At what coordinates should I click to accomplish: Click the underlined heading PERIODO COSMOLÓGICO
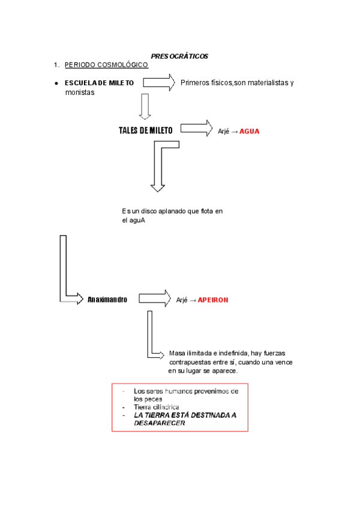point(106,65)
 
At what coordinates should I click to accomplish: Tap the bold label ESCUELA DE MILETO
point(99,82)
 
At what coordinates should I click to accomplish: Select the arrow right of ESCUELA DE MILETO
point(158,82)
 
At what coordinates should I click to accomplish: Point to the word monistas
point(80,92)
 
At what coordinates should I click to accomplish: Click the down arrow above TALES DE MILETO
point(144,107)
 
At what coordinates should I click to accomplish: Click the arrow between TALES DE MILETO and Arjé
point(196,128)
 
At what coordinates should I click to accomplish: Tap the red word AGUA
point(250,131)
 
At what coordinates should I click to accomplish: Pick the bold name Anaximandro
point(107,299)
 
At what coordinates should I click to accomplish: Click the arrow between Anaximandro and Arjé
point(155,298)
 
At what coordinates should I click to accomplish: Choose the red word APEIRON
point(214,299)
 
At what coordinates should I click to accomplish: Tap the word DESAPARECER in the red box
point(160,423)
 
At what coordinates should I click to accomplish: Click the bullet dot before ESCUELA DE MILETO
point(55,83)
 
